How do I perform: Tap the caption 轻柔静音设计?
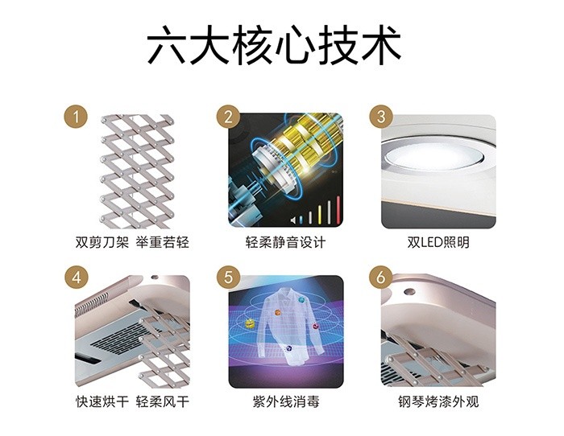point(280,242)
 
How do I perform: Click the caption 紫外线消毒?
point(280,401)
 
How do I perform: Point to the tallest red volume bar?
point(331,211)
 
